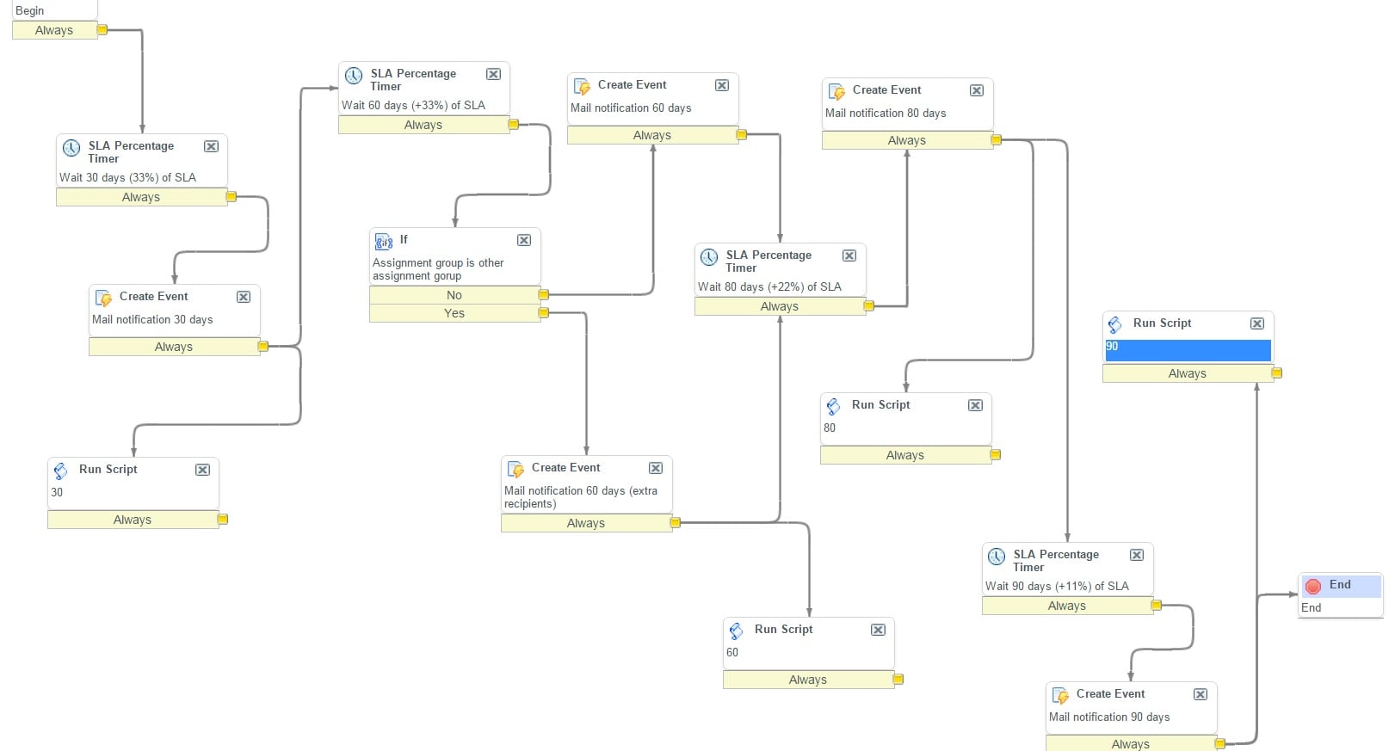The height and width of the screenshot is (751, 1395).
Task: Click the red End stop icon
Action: click(1312, 586)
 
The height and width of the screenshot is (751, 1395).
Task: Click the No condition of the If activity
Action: click(454, 295)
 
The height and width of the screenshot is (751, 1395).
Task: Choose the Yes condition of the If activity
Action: click(454, 313)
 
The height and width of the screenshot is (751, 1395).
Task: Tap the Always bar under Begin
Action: click(54, 30)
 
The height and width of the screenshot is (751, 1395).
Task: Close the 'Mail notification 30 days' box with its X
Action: click(244, 297)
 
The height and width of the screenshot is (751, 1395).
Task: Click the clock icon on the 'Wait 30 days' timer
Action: click(71, 148)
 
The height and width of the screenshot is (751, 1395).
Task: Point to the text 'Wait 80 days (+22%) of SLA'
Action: click(769, 286)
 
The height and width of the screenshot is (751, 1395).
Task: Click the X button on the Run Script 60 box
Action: click(878, 630)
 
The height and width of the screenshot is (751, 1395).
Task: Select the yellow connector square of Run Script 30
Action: click(223, 520)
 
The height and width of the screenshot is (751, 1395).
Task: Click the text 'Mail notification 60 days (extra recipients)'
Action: click(580, 497)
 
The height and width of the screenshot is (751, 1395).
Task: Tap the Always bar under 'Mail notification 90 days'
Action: click(1130, 743)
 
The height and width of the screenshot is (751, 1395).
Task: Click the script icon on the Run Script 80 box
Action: click(833, 406)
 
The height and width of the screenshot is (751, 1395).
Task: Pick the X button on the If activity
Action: click(524, 240)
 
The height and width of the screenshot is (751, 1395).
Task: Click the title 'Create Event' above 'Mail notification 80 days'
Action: click(886, 89)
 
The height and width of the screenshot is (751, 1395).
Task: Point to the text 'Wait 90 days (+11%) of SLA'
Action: click(1057, 586)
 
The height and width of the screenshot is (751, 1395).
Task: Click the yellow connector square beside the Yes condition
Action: click(544, 313)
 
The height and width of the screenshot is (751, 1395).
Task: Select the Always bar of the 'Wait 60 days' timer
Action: click(423, 125)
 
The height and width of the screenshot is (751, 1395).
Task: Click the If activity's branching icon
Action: click(384, 242)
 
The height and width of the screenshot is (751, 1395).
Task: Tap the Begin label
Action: click(30, 10)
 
